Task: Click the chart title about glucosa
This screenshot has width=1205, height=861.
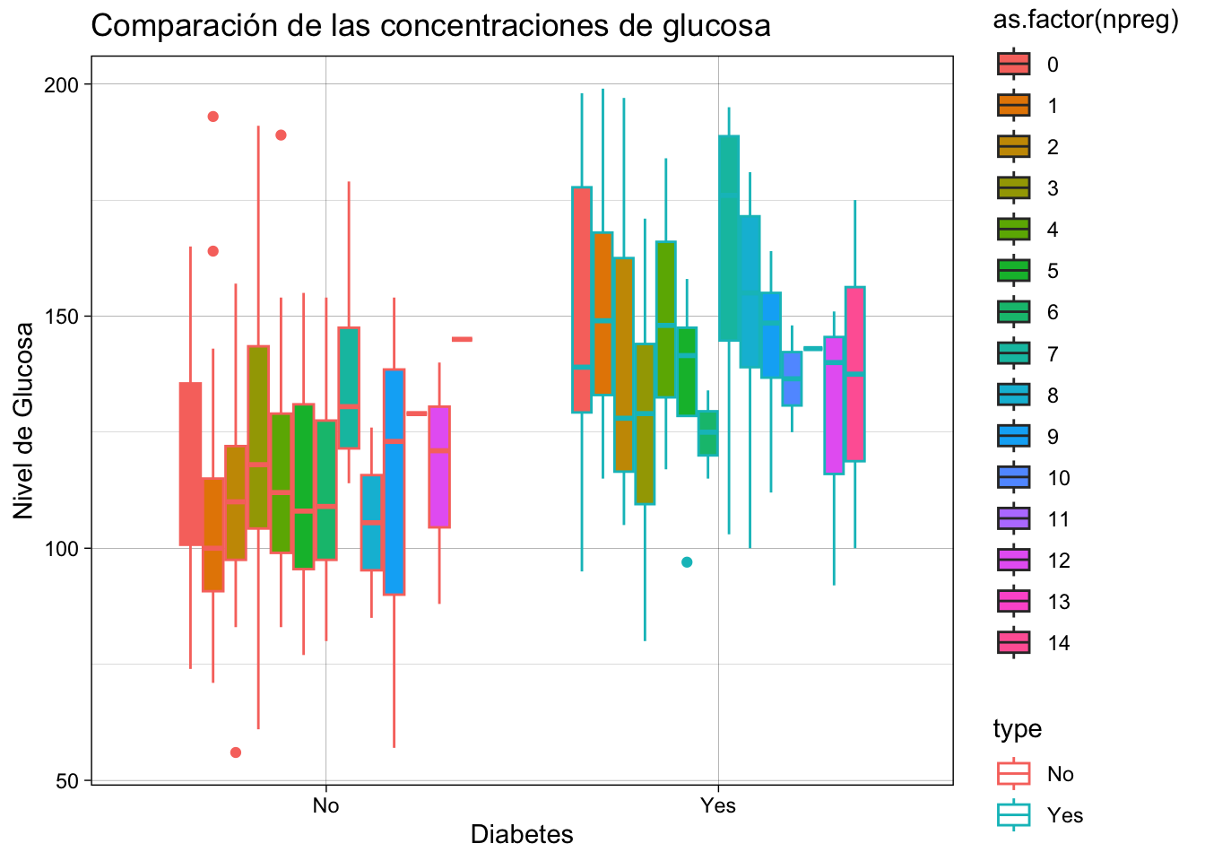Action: coord(430,26)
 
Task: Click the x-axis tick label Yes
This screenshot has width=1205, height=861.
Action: coord(718,805)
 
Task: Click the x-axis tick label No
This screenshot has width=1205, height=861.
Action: coord(325,805)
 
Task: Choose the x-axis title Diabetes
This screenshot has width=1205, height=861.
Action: coord(522,835)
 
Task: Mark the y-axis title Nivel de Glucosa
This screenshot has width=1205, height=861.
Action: coord(24,420)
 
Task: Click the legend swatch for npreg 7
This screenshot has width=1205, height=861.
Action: coord(1014,353)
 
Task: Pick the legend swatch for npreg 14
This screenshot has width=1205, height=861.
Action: coord(1014,643)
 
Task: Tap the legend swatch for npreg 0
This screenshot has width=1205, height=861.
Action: coord(1014,65)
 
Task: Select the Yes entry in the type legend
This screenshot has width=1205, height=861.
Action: coord(1014,815)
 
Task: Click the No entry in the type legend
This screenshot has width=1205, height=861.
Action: coord(1014,774)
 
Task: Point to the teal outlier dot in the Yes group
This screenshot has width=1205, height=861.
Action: coord(687,562)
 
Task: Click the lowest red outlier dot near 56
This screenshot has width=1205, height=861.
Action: coord(236,752)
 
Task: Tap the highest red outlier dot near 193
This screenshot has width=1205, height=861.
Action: coord(213,117)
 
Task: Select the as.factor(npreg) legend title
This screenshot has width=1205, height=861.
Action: coord(1085,22)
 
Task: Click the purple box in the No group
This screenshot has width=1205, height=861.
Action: coord(439,466)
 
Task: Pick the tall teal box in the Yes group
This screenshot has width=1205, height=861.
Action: coord(729,238)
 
